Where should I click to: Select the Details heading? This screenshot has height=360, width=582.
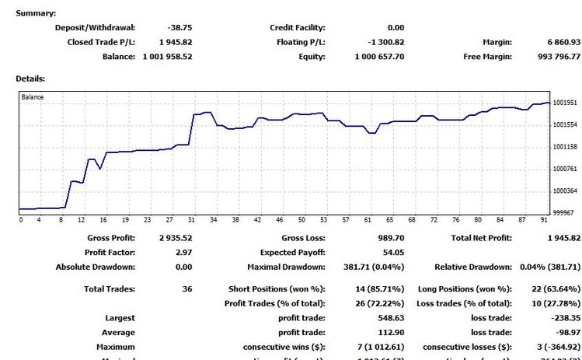click(30, 79)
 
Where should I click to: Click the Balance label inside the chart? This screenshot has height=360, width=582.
click(33, 97)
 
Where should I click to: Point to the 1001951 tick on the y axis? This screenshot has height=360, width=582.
click(565, 103)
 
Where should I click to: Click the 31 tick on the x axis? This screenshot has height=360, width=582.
click(191, 220)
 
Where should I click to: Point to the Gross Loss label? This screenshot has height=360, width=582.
click(303, 238)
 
